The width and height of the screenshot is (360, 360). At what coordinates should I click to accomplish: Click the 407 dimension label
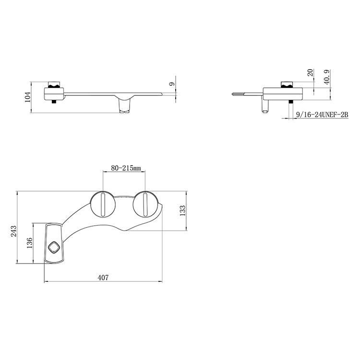103,277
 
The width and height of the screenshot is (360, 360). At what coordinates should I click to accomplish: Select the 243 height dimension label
13,231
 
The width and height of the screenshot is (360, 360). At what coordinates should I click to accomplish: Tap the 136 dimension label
29,243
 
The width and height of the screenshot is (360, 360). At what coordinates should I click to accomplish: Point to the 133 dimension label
183,210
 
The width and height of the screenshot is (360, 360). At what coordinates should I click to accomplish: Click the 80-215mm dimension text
126,168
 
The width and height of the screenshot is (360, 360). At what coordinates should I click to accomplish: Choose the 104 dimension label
27,97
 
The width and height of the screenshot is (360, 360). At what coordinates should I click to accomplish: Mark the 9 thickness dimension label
172,84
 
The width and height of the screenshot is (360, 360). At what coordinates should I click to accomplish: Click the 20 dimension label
310,72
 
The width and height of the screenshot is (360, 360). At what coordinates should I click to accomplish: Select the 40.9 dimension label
327,77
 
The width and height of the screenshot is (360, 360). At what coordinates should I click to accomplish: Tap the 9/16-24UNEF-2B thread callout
322,115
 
